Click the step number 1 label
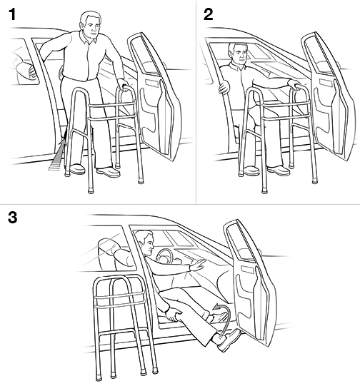[12, 14]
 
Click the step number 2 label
[208, 14]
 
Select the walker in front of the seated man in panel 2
[268, 136]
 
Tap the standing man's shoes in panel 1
[93, 171]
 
